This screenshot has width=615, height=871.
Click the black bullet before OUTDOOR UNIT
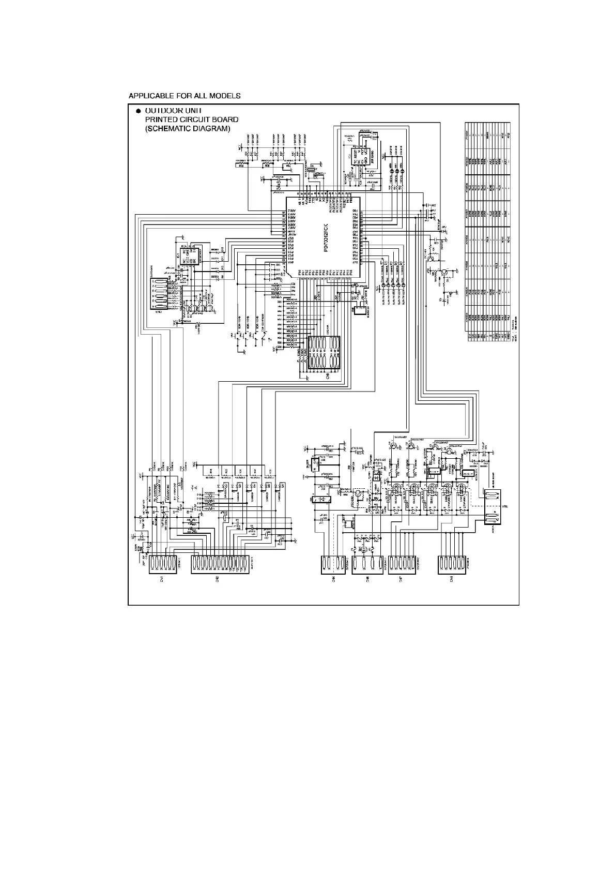138,111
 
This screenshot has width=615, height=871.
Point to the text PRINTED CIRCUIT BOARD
191,119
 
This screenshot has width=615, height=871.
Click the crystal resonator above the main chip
314,171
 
